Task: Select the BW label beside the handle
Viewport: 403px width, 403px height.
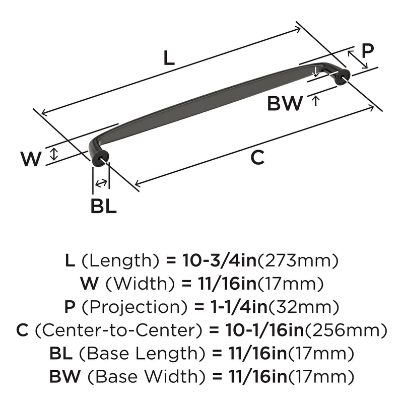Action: [x=285, y=103]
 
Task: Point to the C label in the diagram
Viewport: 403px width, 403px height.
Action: [x=257, y=158]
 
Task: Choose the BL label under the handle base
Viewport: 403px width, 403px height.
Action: [x=104, y=206]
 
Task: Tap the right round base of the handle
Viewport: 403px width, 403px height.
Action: [x=343, y=77]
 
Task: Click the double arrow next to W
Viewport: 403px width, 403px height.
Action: [x=53, y=155]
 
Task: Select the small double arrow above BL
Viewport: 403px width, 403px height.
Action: [x=101, y=183]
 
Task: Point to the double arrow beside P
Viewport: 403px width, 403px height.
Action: [x=358, y=59]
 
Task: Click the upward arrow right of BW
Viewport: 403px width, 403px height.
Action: [x=316, y=100]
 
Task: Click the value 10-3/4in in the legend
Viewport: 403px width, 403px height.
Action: [x=219, y=260]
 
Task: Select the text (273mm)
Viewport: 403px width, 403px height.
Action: [x=298, y=261]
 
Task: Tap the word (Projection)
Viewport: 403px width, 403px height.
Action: [x=135, y=307]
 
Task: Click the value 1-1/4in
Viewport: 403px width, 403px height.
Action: [x=239, y=307]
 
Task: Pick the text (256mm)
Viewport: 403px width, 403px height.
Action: [x=346, y=330]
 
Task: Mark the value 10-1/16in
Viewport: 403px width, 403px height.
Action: [x=265, y=330]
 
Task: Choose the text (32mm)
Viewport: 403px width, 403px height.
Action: [x=303, y=307]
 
